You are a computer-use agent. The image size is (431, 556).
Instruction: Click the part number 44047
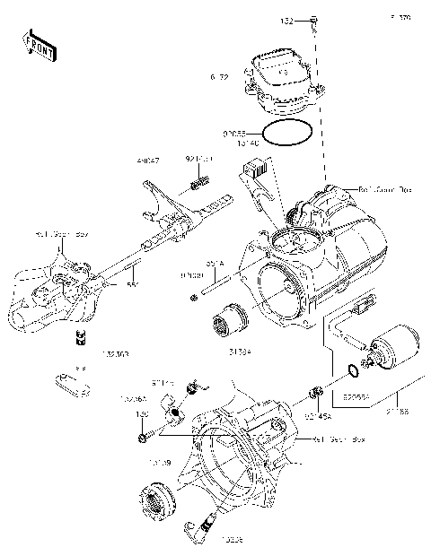[148, 161]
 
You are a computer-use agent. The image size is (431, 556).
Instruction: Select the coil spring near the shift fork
[198, 186]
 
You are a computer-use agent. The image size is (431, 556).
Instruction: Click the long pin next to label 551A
[220, 287]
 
